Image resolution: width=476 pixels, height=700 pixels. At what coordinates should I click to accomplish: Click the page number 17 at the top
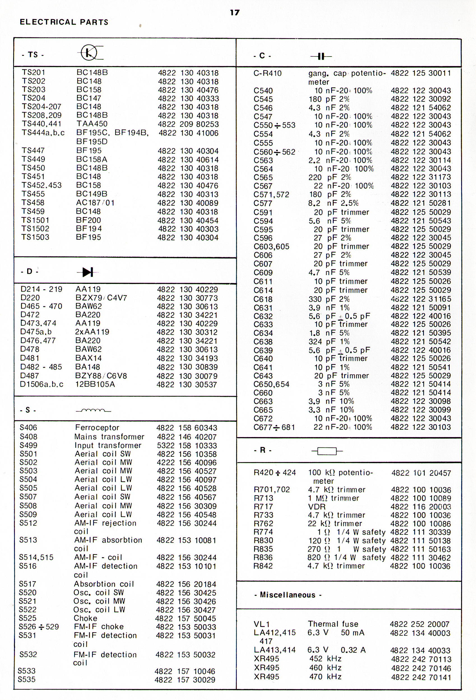[234, 12]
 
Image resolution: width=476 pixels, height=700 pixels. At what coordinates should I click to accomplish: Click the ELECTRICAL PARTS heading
[64, 22]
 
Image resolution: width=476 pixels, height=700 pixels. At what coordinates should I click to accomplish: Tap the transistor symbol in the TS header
[89, 53]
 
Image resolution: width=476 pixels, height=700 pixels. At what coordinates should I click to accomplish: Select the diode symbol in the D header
[88, 272]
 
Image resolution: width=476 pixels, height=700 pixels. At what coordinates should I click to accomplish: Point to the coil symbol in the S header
[93, 410]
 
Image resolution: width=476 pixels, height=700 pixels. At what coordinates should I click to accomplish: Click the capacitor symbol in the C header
[321, 56]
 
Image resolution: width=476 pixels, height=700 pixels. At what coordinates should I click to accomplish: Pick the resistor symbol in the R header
[327, 451]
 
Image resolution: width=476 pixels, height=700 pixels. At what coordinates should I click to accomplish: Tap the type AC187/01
[95, 203]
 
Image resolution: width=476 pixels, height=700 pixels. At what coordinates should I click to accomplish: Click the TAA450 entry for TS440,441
[92, 124]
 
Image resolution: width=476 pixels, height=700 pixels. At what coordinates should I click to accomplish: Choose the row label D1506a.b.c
[41, 384]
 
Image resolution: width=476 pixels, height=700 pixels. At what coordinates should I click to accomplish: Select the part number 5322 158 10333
[186, 445]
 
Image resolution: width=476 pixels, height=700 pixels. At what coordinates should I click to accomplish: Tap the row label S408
[28, 437]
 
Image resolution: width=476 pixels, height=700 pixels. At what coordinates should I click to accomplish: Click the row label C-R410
[267, 73]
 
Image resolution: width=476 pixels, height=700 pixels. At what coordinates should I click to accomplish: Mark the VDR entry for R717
[317, 507]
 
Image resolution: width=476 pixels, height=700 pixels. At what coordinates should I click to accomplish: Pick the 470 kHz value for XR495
[325, 676]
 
